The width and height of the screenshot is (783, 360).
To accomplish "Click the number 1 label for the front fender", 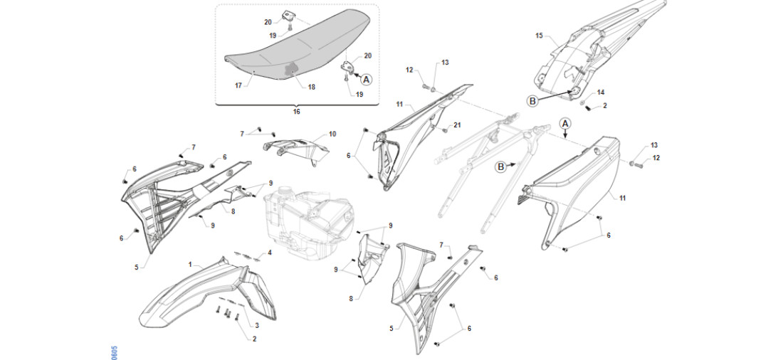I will pos(190,264).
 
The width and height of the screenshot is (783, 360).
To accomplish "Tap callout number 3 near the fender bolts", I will pos(256,325).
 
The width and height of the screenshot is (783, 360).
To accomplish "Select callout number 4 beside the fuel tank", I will pos(269,253).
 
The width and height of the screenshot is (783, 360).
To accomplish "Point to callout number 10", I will pos(332,134).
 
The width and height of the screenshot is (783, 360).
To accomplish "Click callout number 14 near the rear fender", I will pos(601,92).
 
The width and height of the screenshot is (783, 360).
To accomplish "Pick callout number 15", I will pos(539,36).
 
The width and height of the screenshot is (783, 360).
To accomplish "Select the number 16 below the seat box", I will pos(297,112).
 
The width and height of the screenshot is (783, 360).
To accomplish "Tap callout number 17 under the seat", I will pos(239,85).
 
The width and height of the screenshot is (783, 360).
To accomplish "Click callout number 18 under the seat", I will pos(312,87).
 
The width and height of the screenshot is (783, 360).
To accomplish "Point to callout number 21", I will pos(458,125).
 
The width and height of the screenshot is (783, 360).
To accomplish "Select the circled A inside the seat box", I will pos(367,79).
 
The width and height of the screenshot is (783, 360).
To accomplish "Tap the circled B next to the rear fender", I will pos(532,102).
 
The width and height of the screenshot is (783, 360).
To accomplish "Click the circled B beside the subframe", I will pos(500,166).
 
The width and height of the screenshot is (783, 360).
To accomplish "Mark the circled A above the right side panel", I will pos(565,123).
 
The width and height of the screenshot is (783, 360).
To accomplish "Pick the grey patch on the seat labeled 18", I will pos(291,69).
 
